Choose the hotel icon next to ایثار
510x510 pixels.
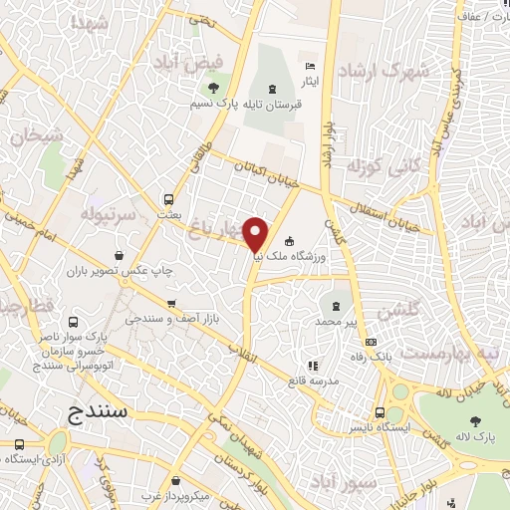[309, 65]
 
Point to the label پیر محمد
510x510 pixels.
[336, 323]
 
